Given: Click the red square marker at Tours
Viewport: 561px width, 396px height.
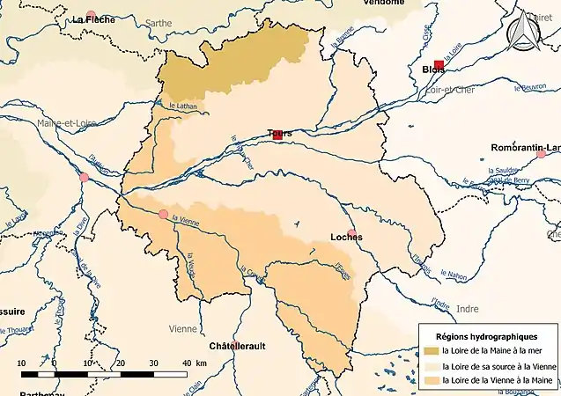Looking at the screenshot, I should (277, 136).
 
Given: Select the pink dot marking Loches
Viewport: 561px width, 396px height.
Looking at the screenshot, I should (352, 234).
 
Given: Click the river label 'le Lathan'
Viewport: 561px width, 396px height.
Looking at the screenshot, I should (181, 107).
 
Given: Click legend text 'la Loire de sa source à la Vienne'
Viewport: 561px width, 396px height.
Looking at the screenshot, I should (498, 366).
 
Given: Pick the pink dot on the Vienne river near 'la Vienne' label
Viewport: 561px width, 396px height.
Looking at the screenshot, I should (163, 214).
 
